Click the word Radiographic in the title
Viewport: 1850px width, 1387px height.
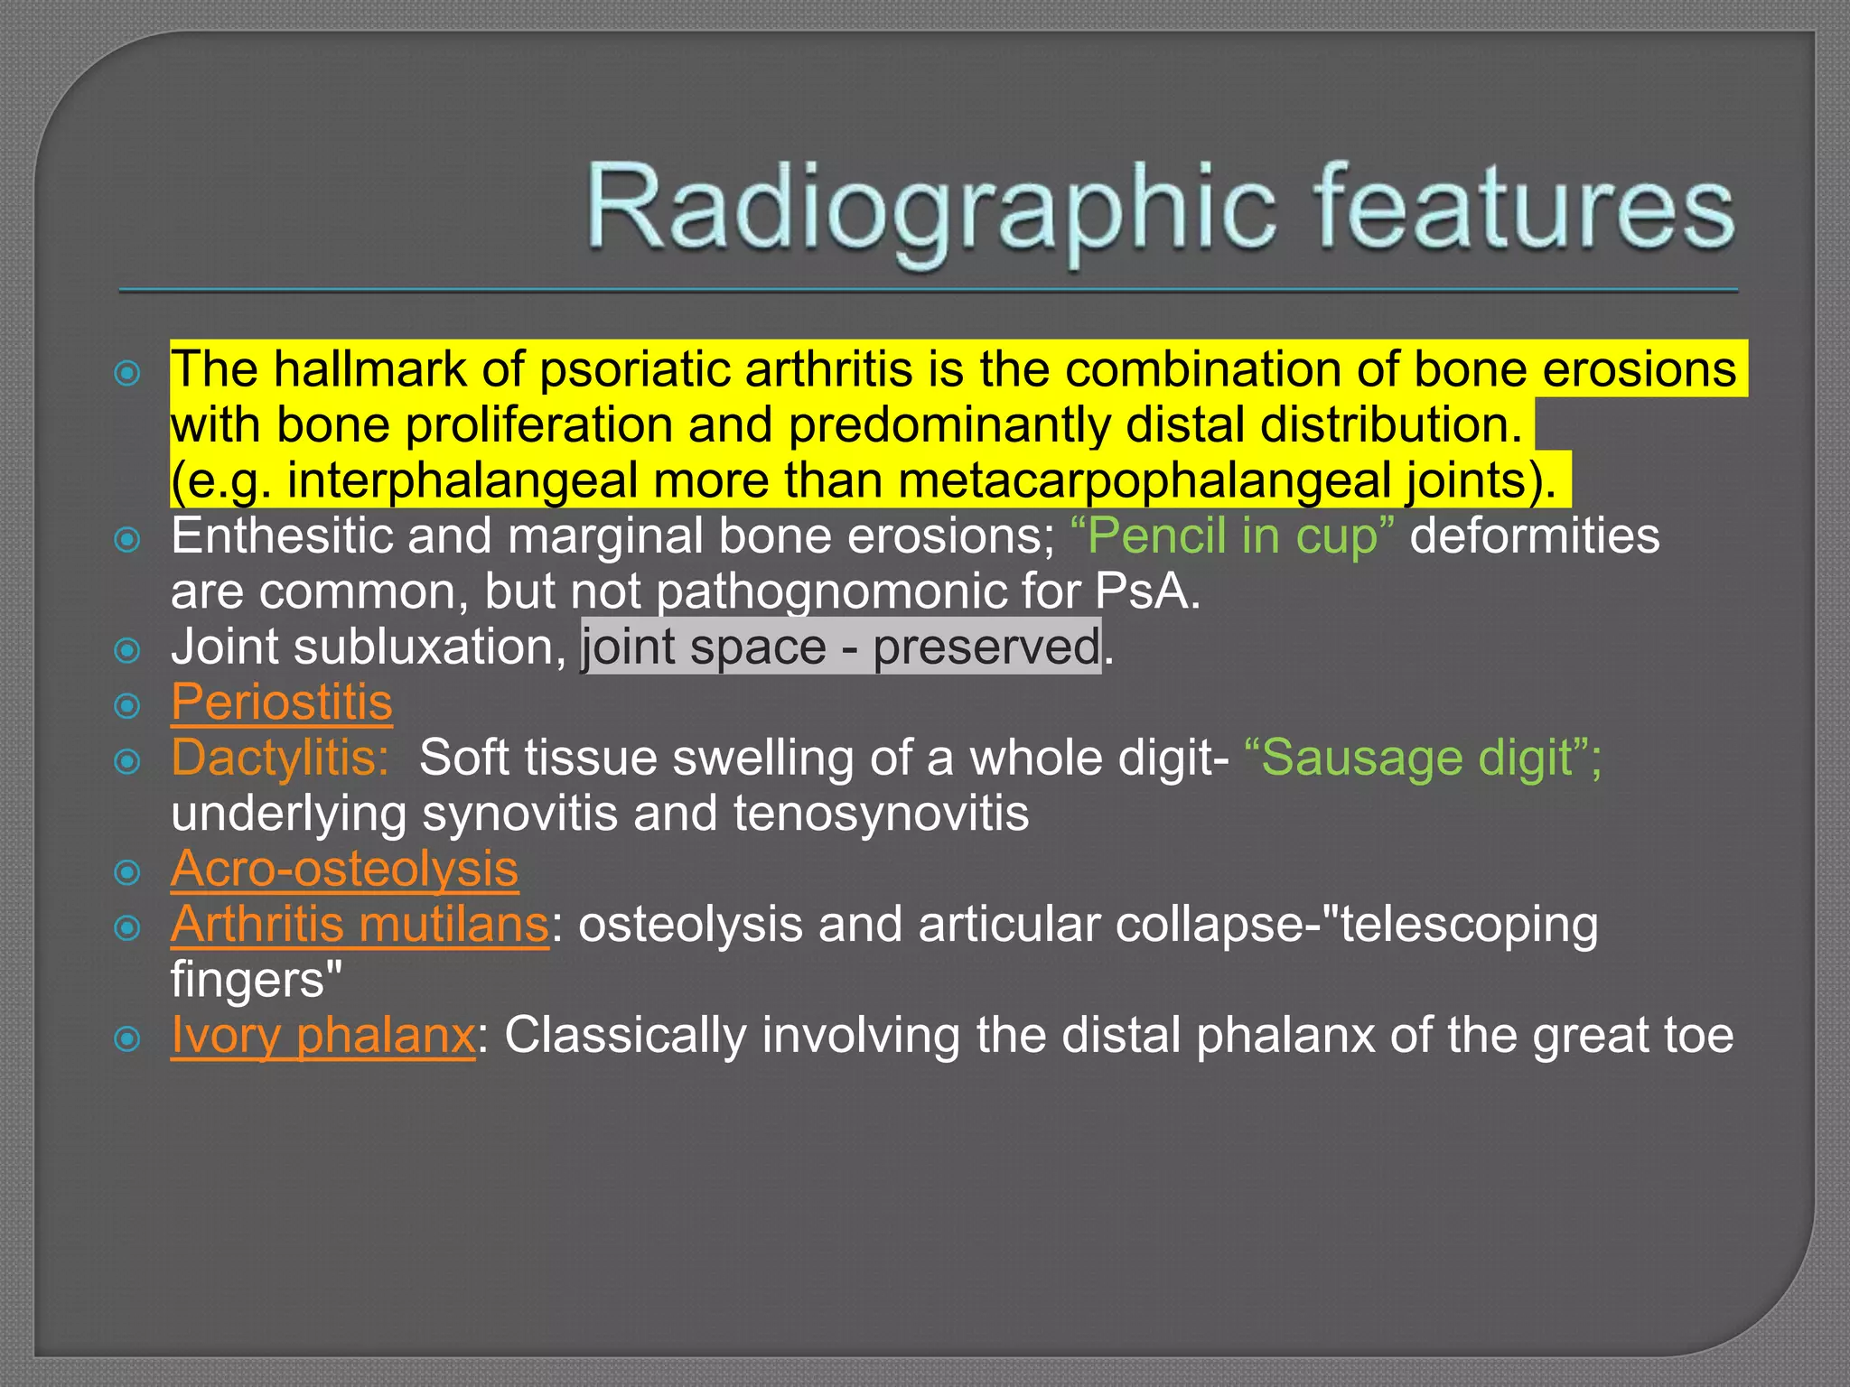pyautogui.click(x=930, y=209)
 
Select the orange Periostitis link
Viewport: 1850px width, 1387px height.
pyautogui.click(x=281, y=703)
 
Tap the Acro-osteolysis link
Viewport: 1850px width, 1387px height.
pyautogui.click(x=344, y=869)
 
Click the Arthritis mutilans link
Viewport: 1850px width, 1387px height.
pyautogui.click(x=360, y=925)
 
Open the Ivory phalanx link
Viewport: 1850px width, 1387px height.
pyautogui.click(x=322, y=1035)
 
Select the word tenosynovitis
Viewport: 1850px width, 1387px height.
pyautogui.click(x=881, y=814)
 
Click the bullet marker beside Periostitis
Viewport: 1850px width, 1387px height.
pyautogui.click(x=128, y=705)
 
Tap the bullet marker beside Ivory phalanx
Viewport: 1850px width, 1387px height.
pyautogui.click(x=128, y=1038)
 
